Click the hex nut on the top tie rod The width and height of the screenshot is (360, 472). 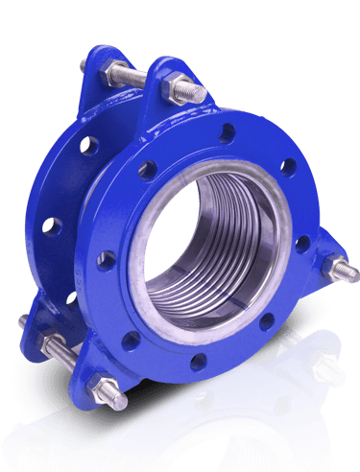[179, 88]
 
